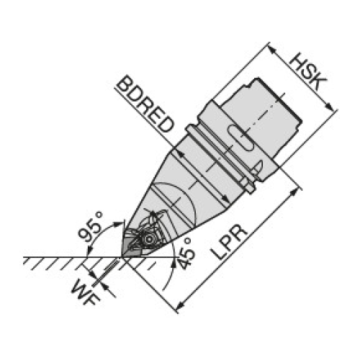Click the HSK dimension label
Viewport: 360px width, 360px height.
[x=308, y=71]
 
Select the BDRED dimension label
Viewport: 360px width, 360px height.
[x=145, y=104]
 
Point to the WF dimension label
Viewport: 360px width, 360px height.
[x=86, y=292]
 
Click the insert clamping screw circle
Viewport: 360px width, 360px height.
[x=148, y=239]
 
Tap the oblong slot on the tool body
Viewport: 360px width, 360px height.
[x=240, y=138]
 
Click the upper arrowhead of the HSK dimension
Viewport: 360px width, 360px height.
[x=272, y=50]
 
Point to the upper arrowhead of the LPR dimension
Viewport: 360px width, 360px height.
[x=293, y=193]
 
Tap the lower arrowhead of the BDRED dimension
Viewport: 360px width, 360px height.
[x=225, y=199]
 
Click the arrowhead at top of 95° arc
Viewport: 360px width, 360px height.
[x=118, y=224]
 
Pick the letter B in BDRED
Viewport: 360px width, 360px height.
[x=125, y=84]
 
